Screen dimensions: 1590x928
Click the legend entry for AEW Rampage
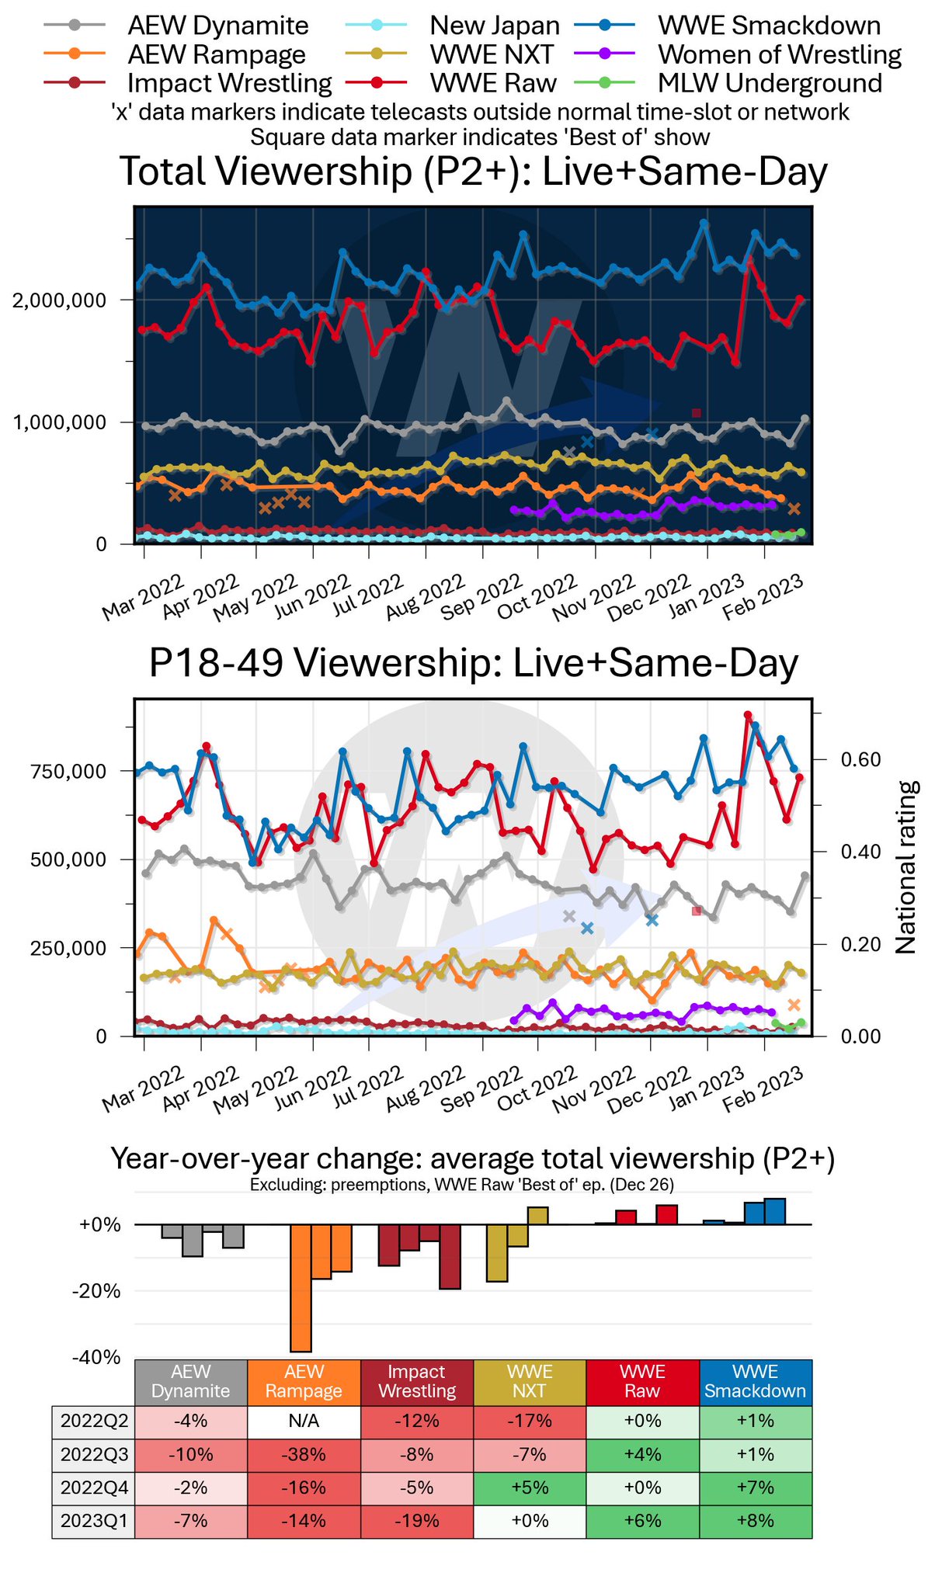click(217, 54)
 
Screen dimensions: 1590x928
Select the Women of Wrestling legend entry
click(779, 54)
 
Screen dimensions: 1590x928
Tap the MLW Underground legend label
click(770, 83)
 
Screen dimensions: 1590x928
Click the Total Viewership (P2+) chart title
click(473, 172)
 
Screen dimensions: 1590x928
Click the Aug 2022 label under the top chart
click(425, 596)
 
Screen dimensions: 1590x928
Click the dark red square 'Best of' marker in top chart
click(697, 413)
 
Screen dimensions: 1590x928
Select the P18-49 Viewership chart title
click(473, 664)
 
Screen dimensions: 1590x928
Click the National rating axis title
click(906, 866)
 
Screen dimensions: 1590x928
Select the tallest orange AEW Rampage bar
click(301, 1288)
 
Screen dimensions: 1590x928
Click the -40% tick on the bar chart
click(96, 1357)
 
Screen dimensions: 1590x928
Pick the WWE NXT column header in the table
click(529, 1381)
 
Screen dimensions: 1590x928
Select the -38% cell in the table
click(304, 1455)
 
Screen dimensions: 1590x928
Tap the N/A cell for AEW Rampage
click(304, 1422)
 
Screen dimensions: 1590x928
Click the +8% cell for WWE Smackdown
click(755, 1521)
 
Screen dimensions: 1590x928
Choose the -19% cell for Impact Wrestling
click(416, 1521)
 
